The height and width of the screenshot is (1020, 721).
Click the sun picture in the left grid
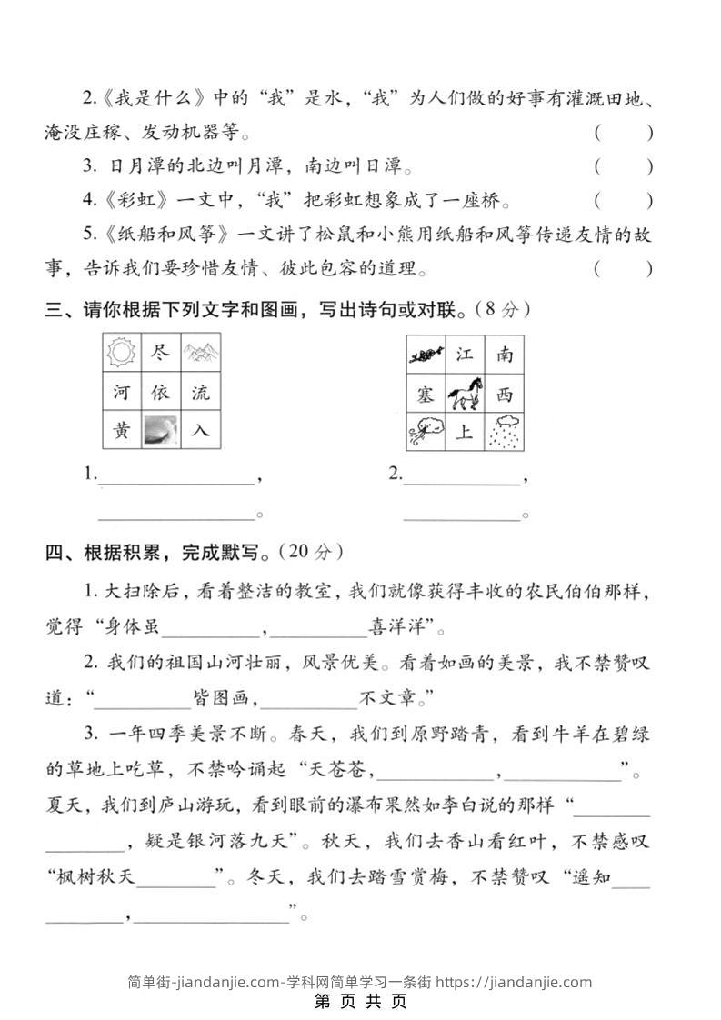(121, 353)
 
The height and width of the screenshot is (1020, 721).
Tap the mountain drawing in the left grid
(201, 353)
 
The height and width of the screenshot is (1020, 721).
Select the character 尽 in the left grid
(161, 353)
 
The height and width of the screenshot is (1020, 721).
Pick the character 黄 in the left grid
(121, 431)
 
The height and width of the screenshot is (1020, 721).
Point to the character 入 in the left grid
(201, 431)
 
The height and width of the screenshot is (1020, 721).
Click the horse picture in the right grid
(465, 394)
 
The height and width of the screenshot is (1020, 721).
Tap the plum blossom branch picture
(426, 355)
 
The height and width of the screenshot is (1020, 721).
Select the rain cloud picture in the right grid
(505, 433)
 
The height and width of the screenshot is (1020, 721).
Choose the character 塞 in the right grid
(426, 394)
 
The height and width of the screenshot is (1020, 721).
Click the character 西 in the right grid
(505, 394)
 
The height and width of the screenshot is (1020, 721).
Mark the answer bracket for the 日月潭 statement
(624, 166)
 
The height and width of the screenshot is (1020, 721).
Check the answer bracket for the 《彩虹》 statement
(624, 200)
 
